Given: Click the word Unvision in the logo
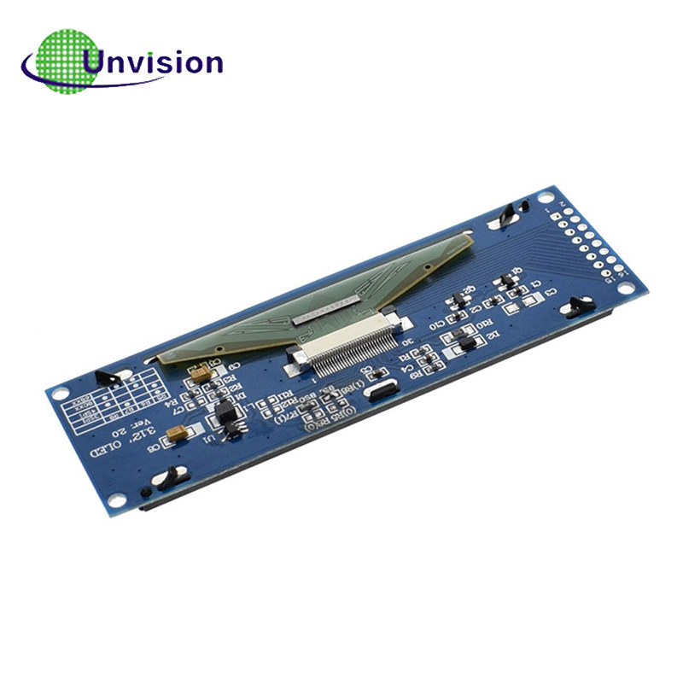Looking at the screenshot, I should pos(154,61).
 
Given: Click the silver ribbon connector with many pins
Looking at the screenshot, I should pos(350,350).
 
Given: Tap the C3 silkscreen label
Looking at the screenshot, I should pos(552,293).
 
